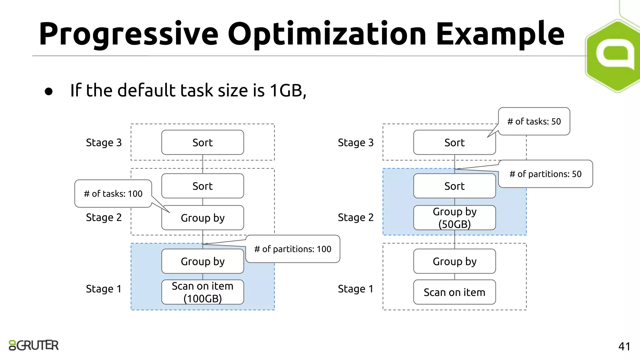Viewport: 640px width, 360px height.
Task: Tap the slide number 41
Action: click(x=624, y=346)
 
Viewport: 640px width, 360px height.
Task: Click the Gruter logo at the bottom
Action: click(x=34, y=345)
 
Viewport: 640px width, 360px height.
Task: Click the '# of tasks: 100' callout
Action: click(x=113, y=194)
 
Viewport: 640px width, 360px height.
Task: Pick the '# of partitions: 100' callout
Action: click(x=293, y=249)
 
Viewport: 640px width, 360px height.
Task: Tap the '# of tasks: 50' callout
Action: click(x=534, y=122)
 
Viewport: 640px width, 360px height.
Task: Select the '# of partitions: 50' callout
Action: click(x=545, y=174)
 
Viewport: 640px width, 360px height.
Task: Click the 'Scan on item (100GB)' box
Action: click(x=202, y=292)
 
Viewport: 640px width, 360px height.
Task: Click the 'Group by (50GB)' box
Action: click(x=454, y=218)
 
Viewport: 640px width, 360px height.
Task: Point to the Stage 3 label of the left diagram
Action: click(x=104, y=142)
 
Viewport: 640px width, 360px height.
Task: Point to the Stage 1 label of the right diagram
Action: click(x=356, y=289)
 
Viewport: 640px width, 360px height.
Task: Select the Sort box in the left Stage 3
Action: click(x=202, y=142)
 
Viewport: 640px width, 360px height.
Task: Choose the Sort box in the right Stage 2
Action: click(x=454, y=186)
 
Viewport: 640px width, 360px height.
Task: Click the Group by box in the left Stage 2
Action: click(x=202, y=218)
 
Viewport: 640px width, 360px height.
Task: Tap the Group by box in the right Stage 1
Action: click(x=454, y=261)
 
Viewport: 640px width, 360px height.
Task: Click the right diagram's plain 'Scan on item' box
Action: click(x=454, y=292)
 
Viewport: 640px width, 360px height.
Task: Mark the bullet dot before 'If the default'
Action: click(x=48, y=91)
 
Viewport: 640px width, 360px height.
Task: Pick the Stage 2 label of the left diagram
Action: click(x=104, y=217)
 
